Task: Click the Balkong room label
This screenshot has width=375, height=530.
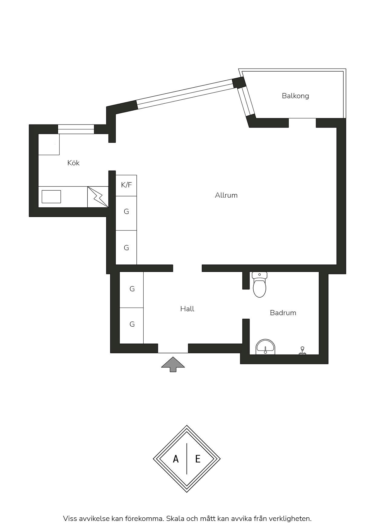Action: pyautogui.click(x=295, y=96)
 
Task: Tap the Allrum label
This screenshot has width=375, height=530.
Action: pyautogui.click(x=226, y=195)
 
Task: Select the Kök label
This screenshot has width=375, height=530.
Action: pyautogui.click(x=73, y=163)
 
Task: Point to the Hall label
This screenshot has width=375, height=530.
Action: pyautogui.click(x=187, y=309)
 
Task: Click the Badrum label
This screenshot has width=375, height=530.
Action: pyautogui.click(x=283, y=313)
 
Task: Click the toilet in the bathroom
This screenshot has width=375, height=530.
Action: pyautogui.click(x=259, y=284)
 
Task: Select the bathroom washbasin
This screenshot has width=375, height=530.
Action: pyautogui.click(x=266, y=347)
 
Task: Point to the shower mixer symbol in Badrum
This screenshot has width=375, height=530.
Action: pyautogui.click(x=302, y=351)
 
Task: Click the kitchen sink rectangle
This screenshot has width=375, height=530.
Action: pyautogui.click(x=51, y=197)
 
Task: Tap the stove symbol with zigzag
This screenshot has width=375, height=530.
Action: pyautogui.click(x=98, y=197)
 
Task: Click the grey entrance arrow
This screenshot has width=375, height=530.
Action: pyautogui.click(x=173, y=364)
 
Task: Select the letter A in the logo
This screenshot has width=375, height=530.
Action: pyautogui.click(x=176, y=459)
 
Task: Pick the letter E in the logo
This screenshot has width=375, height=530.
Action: pyautogui.click(x=198, y=459)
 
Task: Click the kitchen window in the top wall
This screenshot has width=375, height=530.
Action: pyautogui.click(x=76, y=129)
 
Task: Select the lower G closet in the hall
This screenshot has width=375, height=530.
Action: pyautogui.click(x=132, y=326)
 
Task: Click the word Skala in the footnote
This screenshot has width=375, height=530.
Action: pyautogui.click(x=175, y=519)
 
